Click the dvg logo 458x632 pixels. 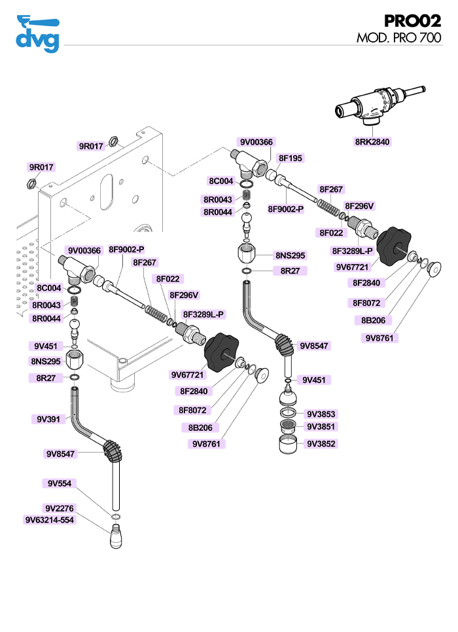click(x=37, y=33)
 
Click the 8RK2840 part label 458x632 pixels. click(x=372, y=141)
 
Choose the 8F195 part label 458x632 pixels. click(x=291, y=158)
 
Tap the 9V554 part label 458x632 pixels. click(x=59, y=483)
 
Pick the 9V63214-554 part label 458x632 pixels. click(x=50, y=521)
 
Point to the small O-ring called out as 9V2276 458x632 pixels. click(x=115, y=517)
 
